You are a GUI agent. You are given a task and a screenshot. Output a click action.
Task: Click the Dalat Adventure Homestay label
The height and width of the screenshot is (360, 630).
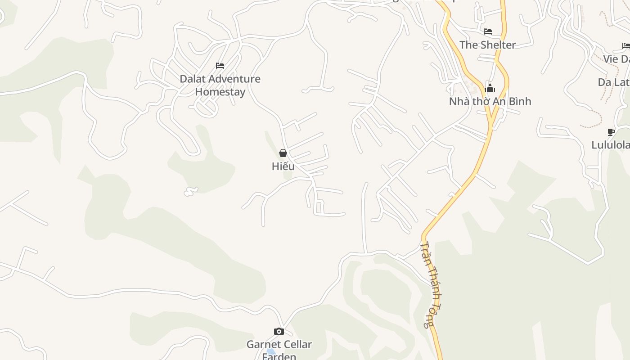(x=220, y=85)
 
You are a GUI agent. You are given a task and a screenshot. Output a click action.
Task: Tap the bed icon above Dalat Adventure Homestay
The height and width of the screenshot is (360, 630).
(x=220, y=66)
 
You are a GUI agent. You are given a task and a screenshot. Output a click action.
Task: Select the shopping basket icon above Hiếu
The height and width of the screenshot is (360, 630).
(x=283, y=153)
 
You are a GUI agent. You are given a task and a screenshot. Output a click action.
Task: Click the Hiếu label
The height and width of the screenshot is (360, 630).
(x=283, y=166)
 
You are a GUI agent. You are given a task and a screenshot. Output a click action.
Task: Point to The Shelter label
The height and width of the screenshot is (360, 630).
(x=487, y=45)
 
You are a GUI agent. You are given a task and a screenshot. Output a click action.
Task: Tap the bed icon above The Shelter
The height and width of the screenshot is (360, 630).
(x=487, y=31)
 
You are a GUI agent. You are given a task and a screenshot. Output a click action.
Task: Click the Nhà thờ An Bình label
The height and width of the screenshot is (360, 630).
(x=490, y=101)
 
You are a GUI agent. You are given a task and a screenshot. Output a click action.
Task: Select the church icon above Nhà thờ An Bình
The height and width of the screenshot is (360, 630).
(x=490, y=88)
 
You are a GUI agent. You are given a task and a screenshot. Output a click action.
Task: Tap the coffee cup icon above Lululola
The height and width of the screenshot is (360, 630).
(x=611, y=132)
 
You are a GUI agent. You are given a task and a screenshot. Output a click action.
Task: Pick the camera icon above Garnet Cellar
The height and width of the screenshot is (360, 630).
(x=279, y=332)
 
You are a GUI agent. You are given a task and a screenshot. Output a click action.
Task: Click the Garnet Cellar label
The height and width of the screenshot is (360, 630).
(x=279, y=345)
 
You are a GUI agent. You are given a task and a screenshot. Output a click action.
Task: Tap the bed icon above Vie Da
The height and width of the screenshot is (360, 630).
(x=626, y=46)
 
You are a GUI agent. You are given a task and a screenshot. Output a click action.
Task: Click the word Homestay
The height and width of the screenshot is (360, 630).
(x=220, y=92)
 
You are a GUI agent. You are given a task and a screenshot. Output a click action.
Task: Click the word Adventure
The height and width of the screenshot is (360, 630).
(x=237, y=79)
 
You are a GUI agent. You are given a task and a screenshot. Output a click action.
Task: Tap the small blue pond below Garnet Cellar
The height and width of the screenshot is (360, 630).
(x=270, y=351)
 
